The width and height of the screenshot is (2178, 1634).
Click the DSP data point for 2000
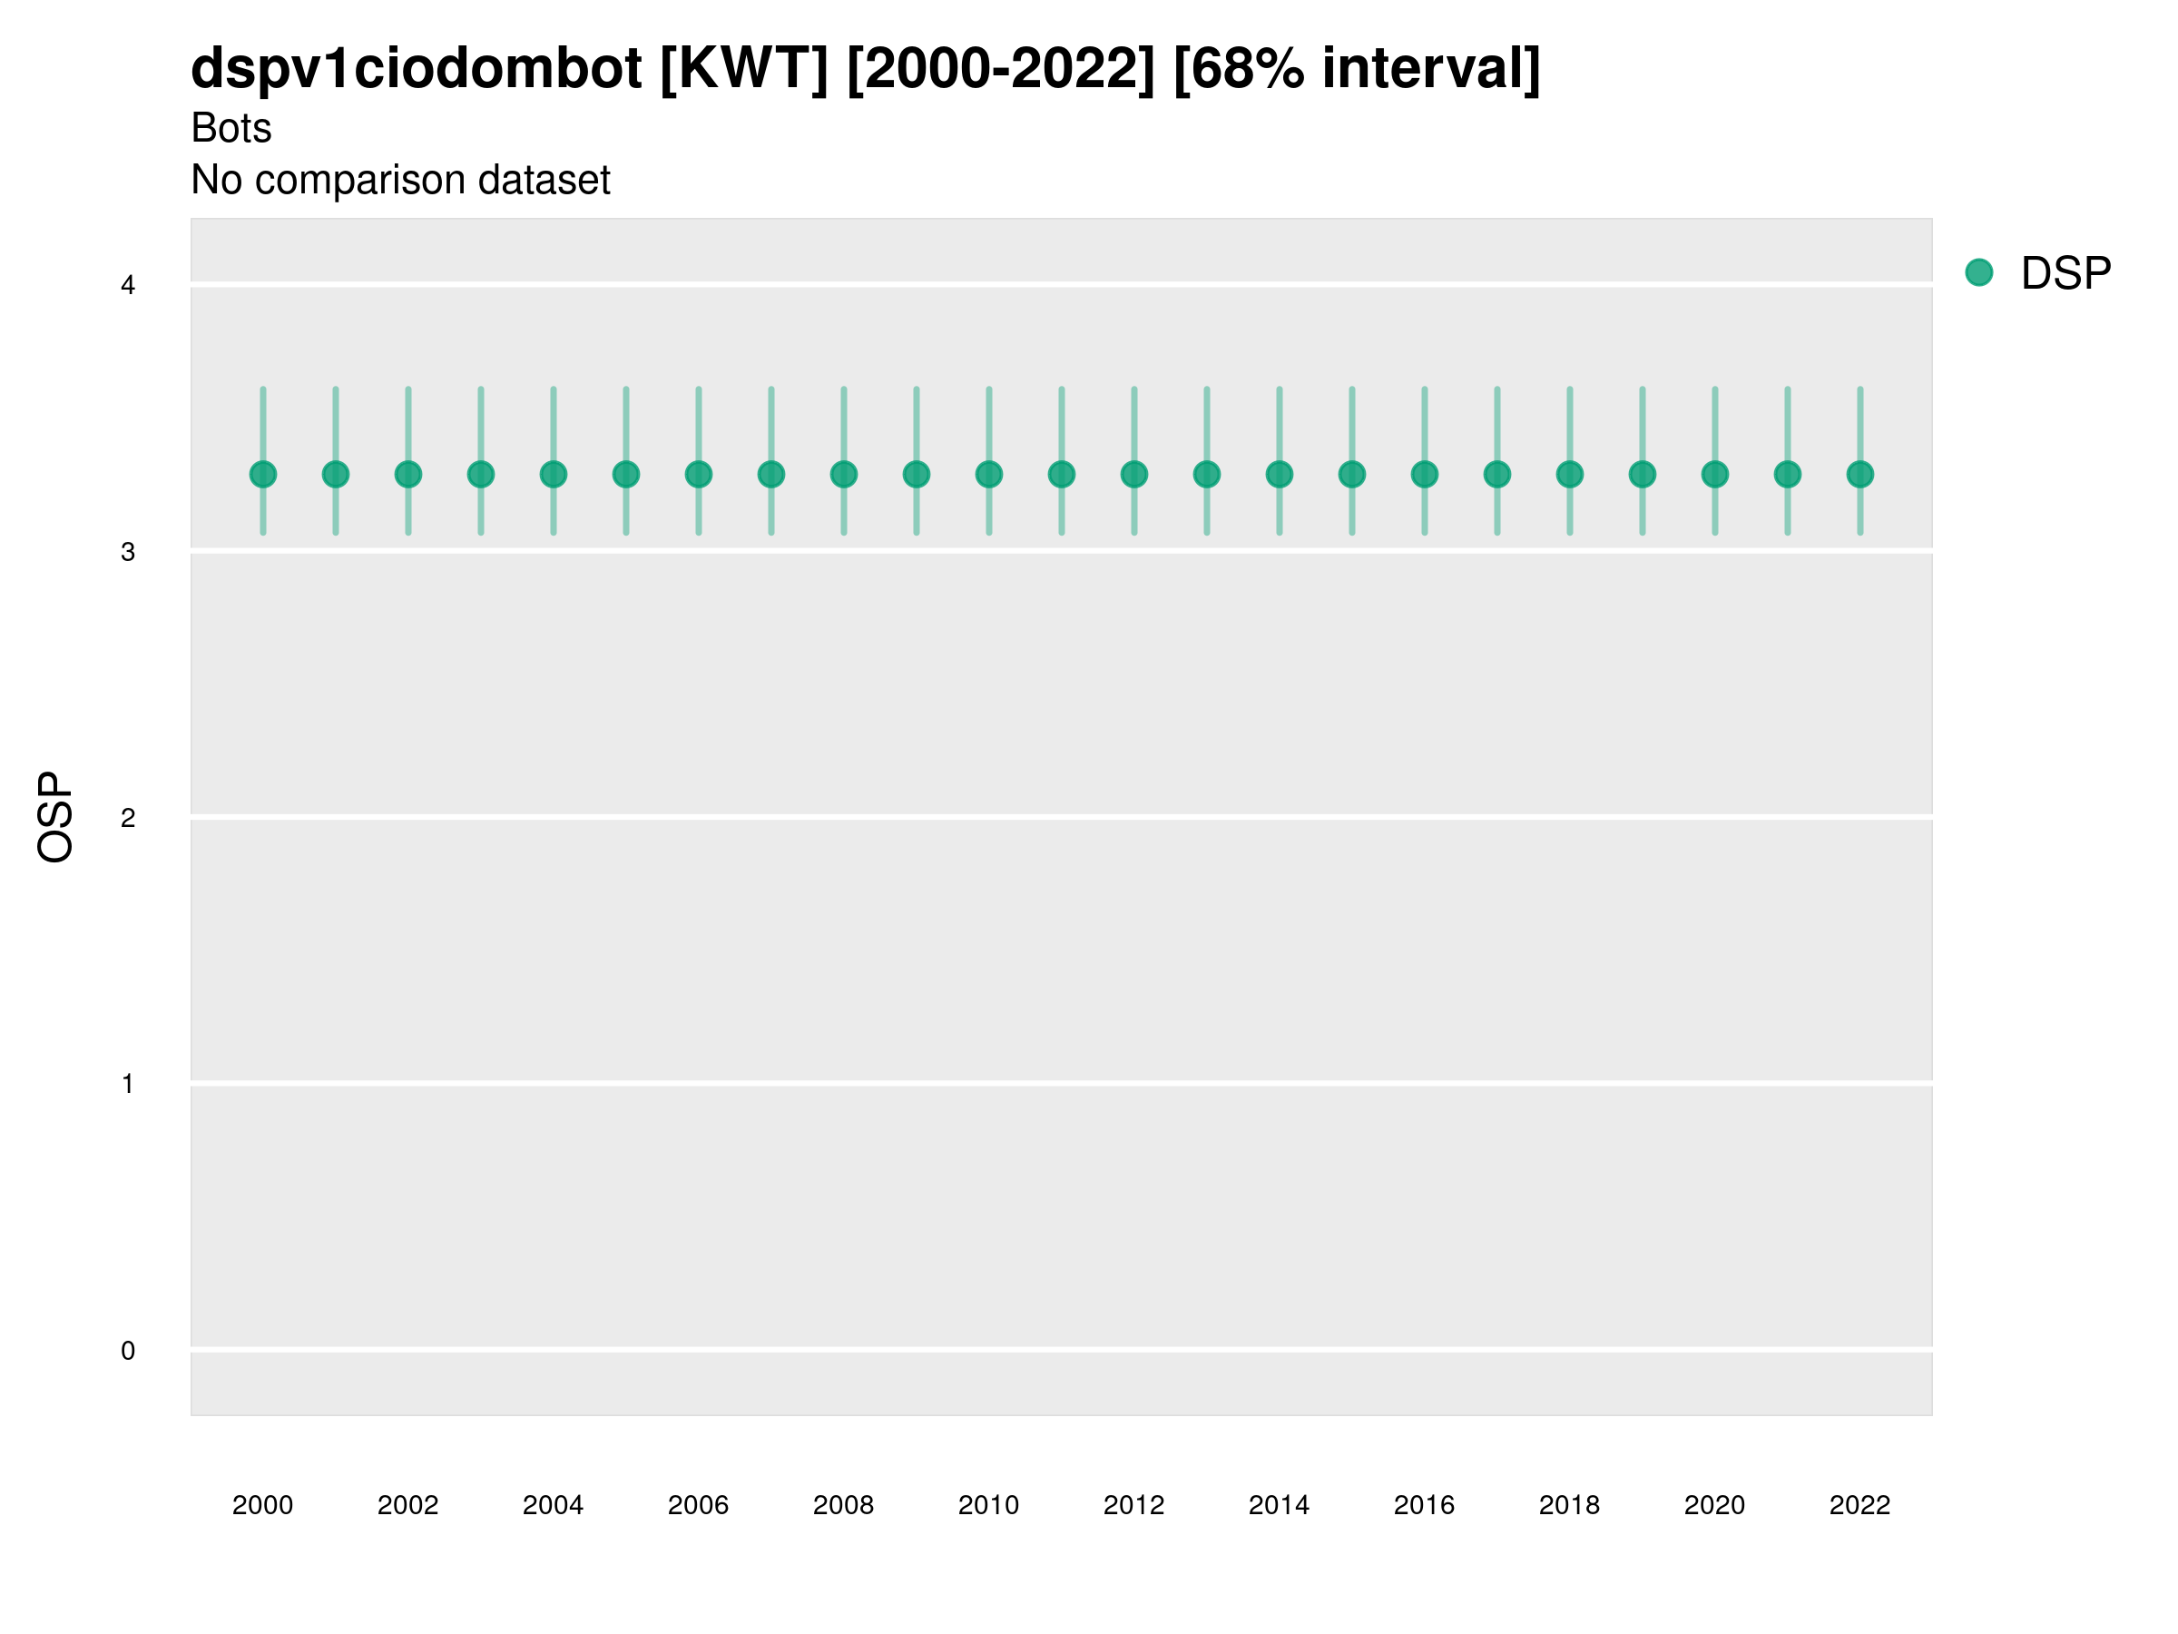pyautogui.click(x=263, y=475)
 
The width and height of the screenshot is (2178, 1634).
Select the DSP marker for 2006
pyautogui.click(x=698, y=475)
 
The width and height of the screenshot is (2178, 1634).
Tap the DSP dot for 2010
pyautogui.click(x=988, y=475)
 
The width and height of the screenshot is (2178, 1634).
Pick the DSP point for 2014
pyautogui.click(x=1279, y=475)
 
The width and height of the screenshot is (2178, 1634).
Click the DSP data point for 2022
pyautogui.click(x=1860, y=475)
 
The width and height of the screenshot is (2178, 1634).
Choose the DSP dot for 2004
pyautogui.click(x=554, y=475)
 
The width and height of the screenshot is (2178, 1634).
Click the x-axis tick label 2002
pyautogui.click(x=407, y=1505)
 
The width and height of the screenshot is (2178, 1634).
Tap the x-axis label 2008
pyautogui.click(x=843, y=1505)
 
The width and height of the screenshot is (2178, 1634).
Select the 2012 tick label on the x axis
pyautogui.click(x=1133, y=1505)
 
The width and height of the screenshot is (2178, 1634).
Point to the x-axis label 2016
pyautogui.click(x=1424, y=1505)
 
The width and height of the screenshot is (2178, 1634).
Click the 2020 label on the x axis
pyautogui.click(x=1714, y=1505)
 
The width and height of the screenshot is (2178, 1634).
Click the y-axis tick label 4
pyautogui.click(x=128, y=286)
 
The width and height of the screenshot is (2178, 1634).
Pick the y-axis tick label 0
pyautogui.click(x=128, y=1351)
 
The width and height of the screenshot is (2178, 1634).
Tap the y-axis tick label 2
pyautogui.click(x=128, y=818)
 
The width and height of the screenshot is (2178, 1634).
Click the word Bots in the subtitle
pyautogui.click(x=231, y=128)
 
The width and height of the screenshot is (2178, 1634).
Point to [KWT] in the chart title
pyautogui.click(x=743, y=69)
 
